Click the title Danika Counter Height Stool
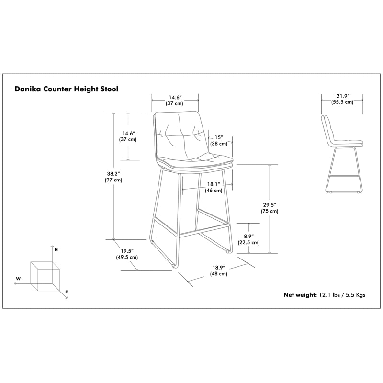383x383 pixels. [x=67, y=89]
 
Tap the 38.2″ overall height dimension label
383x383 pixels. [x=113, y=177]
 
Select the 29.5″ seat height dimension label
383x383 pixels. [x=270, y=208]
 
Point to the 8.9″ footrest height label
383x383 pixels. [x=248, y=239]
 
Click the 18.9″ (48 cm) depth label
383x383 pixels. [x=219, y=270]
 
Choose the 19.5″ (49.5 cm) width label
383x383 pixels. [x=127, y=254]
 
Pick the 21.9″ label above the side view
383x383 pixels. [x=342, y=99]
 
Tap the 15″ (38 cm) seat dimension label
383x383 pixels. [x=219, y=140]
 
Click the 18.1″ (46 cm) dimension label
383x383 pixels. [x=214, y=187]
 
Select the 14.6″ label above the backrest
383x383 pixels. [x=174, y=101]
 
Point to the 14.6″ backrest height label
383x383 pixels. [x=128, y=136]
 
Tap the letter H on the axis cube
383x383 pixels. [x=56, y=249]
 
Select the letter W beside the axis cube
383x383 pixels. [x=18, y=279]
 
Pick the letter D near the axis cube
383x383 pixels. [x=67, y=292]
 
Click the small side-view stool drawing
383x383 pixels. [x=342, y=154]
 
